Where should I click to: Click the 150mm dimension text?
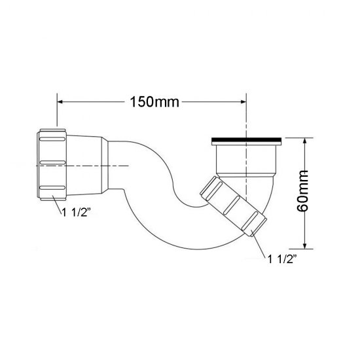click(x=151, y=103)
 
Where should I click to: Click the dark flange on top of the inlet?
click(x=246, y=140)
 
